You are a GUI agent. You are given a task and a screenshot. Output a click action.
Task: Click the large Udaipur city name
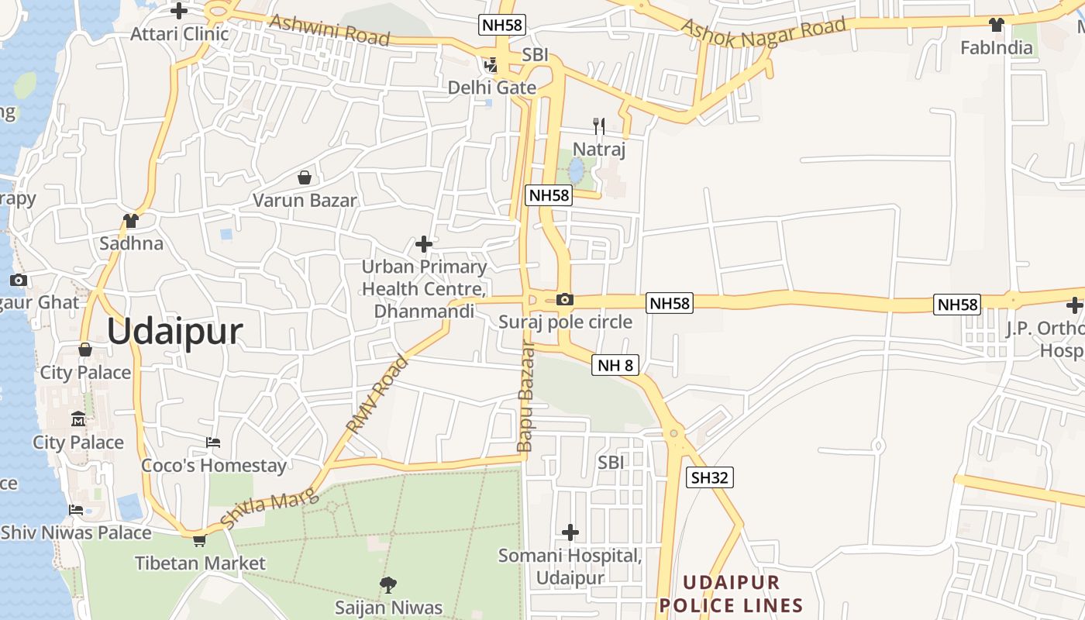pos(174,332)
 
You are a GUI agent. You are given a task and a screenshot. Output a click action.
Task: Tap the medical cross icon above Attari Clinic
pos(179,11)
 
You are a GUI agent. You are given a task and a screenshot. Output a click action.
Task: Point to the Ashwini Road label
pos(329,29)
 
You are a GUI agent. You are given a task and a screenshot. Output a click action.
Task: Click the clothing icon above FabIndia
pos(997,25)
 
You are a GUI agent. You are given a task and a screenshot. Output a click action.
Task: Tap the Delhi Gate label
pos(492,88)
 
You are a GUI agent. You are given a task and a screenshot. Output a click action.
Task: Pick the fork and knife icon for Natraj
pos(598,126)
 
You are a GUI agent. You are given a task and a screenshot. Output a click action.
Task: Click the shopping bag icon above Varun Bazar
pos(305,177)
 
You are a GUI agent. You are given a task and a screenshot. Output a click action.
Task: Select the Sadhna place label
pos(132,243)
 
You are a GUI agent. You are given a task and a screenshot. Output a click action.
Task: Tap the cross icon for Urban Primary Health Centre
pos(424,244)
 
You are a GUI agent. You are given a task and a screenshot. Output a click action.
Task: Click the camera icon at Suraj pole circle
pos(565,299)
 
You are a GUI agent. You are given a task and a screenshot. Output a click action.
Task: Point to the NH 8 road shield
pos(615,365)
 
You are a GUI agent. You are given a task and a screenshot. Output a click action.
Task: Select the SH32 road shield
pos(709,477)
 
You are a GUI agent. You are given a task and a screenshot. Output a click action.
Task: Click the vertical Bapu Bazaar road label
pos(525,398)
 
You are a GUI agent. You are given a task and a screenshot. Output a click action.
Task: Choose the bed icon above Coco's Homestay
pos(213,443)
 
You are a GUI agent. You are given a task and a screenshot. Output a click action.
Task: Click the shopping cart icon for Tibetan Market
pos(199,540)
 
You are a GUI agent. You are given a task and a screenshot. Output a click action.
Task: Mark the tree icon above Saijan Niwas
pos(388,584)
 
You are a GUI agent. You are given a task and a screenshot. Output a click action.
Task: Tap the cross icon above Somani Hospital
pos(570,532)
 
